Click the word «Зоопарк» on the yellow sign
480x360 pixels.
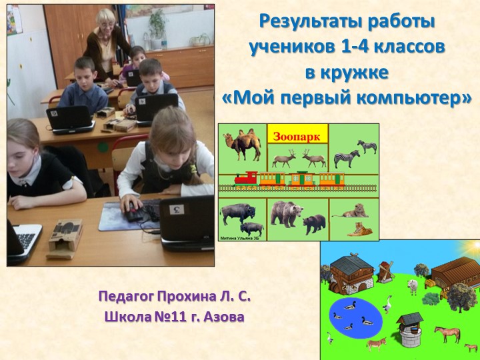[x=297, y=136]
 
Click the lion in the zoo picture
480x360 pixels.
[x=355, y=211]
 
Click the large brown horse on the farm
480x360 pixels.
[x=447, y=332]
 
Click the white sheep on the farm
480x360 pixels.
[x=413, y=287]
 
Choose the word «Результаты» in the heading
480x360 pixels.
[x=302, y=21]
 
